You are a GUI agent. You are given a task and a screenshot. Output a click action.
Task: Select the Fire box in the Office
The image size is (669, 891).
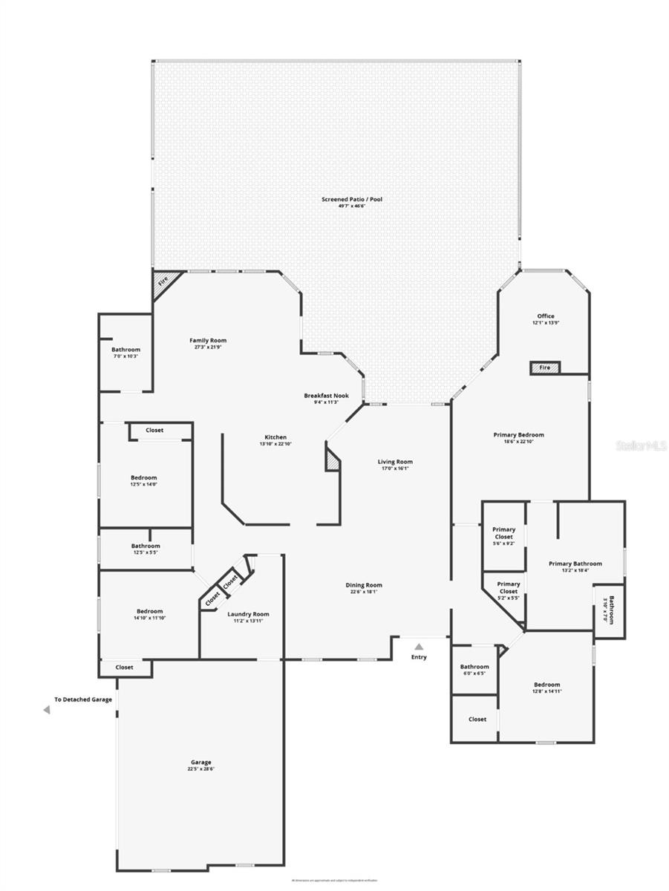[544, 367]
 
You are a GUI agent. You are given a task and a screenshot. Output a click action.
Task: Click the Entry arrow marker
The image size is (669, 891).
[419, 647]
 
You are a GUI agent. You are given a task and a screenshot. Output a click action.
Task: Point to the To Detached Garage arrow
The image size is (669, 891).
[47, 710]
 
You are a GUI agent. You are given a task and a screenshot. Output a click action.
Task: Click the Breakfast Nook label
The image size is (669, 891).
[326, 396]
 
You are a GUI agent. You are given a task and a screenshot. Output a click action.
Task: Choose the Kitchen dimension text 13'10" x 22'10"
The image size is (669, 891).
[275, 444]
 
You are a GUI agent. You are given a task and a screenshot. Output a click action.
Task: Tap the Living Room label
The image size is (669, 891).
[395, 462]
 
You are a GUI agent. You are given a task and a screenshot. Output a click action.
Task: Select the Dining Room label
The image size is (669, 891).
[364, 585]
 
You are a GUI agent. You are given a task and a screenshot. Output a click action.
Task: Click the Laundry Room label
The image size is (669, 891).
[248, 614]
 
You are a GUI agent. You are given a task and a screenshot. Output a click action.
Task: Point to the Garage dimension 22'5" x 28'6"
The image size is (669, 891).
[200, 768]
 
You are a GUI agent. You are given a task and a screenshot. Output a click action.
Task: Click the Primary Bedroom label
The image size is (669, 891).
[519, 435]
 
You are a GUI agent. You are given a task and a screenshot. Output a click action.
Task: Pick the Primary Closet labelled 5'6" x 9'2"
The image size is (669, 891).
[504, 536]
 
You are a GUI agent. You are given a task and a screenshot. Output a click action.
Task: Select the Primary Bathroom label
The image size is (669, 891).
[575, 564]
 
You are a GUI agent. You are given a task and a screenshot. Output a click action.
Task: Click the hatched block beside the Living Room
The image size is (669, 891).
[333, 457]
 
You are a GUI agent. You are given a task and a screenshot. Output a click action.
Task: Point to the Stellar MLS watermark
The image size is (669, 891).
[638, 446]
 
